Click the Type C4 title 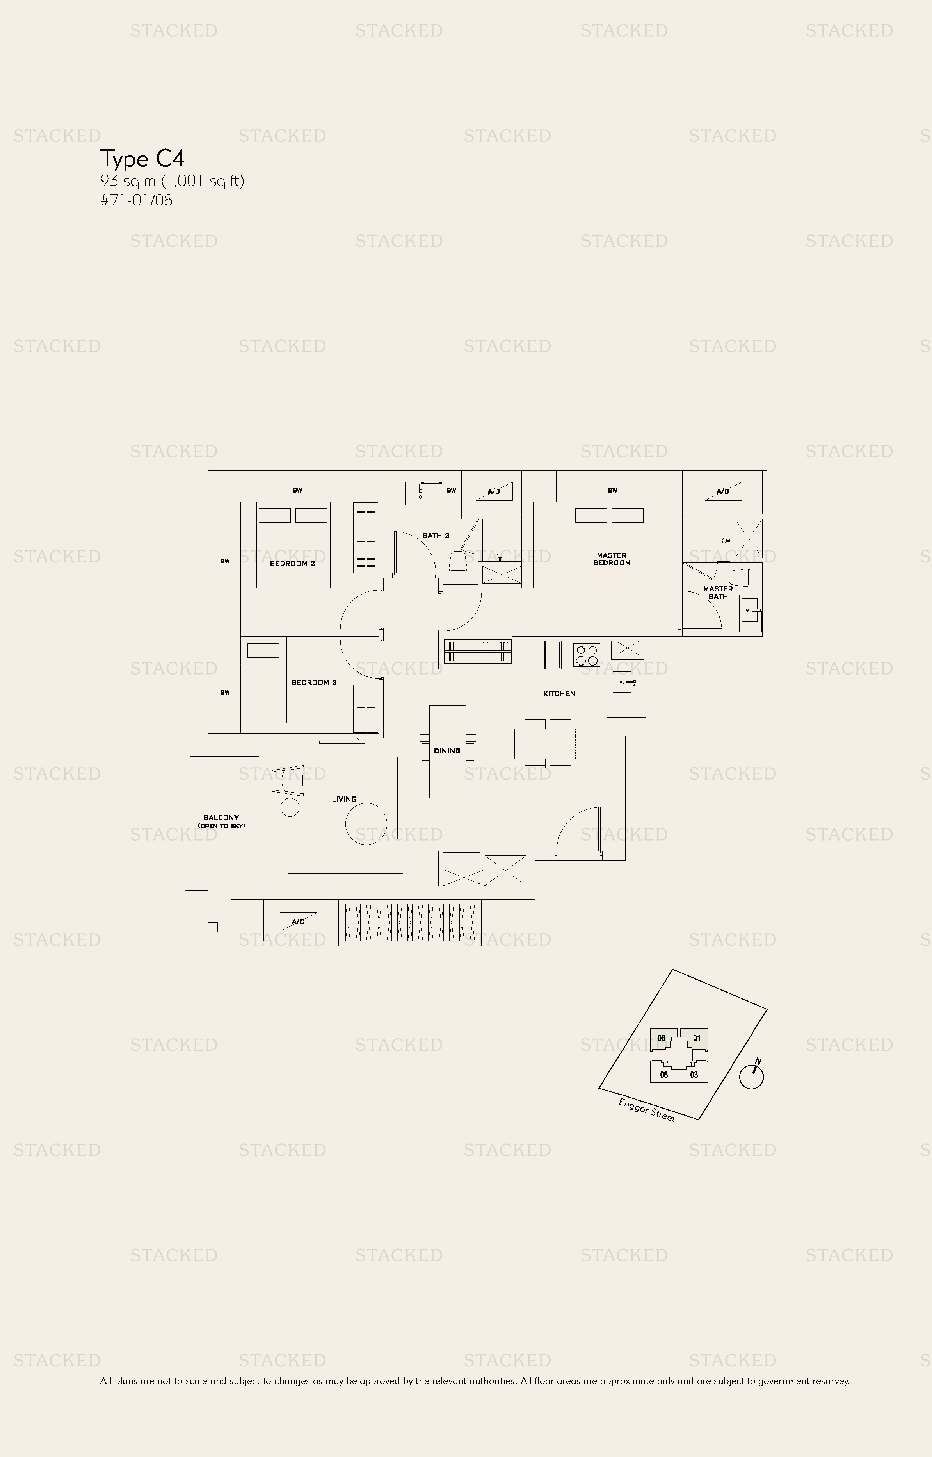[142, 159]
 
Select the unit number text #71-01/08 [137, 200]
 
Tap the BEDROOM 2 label [292, 564]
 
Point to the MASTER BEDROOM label [611, 559]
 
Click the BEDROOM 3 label [314, 682]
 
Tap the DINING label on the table [447, 751]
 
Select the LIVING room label [344, 799]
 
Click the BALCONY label [222, 821]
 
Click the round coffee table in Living [366, 823]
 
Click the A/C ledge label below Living [298, 922]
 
